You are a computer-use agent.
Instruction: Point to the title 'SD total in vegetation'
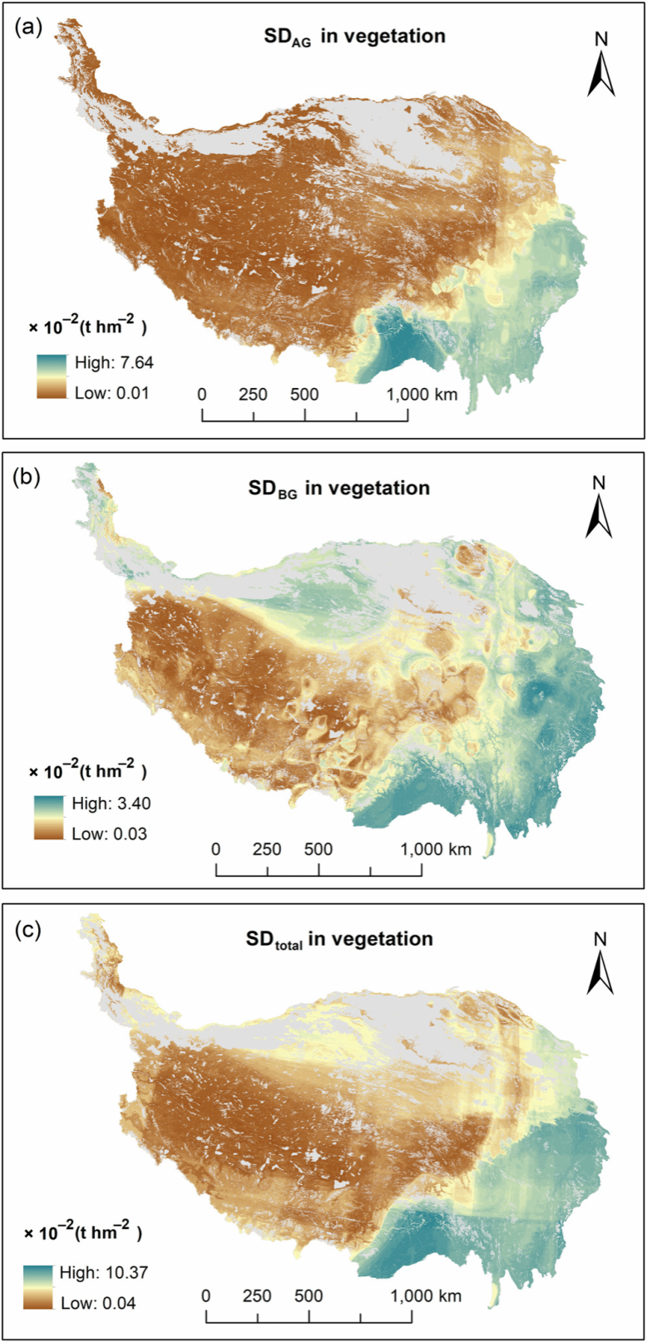[339, 940]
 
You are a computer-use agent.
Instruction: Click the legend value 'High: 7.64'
[107, 362]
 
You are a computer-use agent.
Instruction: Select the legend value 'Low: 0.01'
[106, 392]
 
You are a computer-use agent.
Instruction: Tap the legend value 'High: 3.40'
[105, 803]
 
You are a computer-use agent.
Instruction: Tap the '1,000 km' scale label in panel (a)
[421, 394]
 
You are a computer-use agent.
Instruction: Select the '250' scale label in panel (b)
[267, 848]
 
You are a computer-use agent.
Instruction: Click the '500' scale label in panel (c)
[309, 1295]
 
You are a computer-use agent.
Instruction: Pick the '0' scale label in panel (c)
[206, 1295]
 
